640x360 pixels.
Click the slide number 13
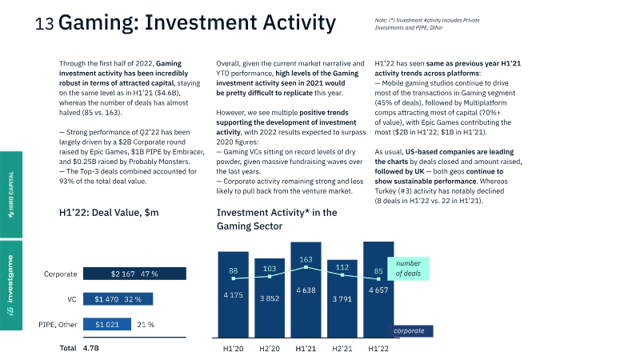pyautogui.click(x=44, y=25)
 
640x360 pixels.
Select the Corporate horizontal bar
pyautogui.click(x=134, y=274)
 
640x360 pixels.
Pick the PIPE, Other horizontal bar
pyautogui.click(x=106, y=325)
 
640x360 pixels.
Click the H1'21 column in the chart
pyautogui.click(x=305, y=288)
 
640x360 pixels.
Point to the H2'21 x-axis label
pyautogui.click(x=342, y=348)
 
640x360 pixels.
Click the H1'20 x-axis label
pyautogui.click(x=233, y=348)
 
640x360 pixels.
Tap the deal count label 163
pyautogui.click(x=305, y=259)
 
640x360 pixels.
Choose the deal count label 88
pyautogui.click(x=234, y=271)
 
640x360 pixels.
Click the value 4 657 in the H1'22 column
pyautogui.click(x=378, y=292)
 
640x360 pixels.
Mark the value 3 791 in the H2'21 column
pyautogui.click(x=342, y=300)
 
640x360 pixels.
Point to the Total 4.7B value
pyautogui.click(x=90, y=349)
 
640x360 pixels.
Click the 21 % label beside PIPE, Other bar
pyautogui.click(x=146, y=325)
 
